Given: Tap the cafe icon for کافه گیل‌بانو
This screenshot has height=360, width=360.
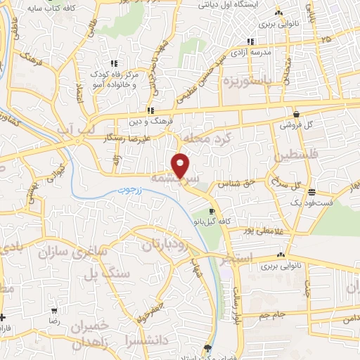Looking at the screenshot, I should (x=212, y=211).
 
